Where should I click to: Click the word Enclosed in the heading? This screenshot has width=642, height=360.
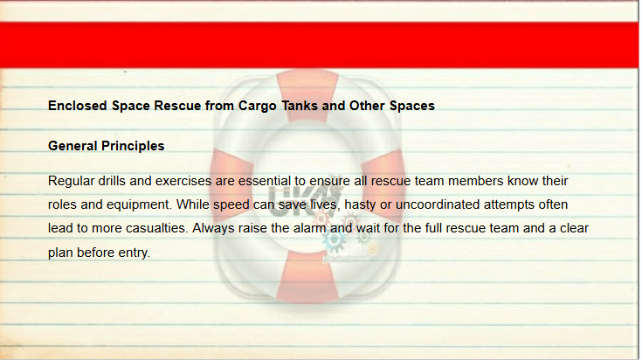tap(78, 106)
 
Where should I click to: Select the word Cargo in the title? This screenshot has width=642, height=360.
tap(258, 106)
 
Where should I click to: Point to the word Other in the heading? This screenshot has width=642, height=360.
tap(367, 106)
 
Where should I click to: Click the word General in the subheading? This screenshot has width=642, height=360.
tap(72, 146)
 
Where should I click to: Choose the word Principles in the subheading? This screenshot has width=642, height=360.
tap(133, 146)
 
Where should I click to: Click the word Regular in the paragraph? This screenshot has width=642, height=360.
tap(72, 181)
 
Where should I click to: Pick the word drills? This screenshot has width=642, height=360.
tap(112, 181)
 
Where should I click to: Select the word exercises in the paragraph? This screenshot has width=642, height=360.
tap(183, 181)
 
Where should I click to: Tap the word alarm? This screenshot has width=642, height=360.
tap(310, 228)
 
